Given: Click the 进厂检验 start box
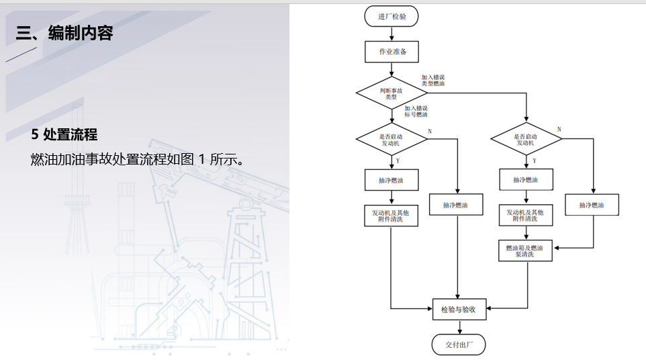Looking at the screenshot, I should point(391,15).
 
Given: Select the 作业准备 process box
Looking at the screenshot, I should point(391,52).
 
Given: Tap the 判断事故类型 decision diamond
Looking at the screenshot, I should point(391,93).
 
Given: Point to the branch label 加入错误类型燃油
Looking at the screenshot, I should point(432,81).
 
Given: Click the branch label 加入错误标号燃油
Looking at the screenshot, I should point(416,111).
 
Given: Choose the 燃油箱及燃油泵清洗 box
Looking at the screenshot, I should point(525,251).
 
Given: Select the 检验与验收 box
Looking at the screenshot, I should point(459,309).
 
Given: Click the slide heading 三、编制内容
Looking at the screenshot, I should point(65,33).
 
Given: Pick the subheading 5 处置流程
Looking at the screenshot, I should point(64,134).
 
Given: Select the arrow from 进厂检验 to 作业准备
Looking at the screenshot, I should point(391,34).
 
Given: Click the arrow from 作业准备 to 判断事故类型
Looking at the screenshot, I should point(391,70).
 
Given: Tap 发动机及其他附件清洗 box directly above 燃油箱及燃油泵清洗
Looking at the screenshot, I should point(525,216).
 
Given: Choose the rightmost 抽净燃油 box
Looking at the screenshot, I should point(592,205).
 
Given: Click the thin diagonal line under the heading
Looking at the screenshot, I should point(21,54).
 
